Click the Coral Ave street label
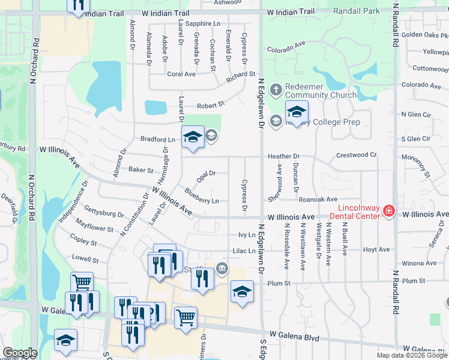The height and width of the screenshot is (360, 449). (181, 74)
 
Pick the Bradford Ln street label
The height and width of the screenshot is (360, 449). (157, 139)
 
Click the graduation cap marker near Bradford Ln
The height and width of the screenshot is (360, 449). (193, 137)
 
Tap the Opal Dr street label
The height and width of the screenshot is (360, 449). (206, 175)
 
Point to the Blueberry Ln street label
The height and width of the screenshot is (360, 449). (202, 196)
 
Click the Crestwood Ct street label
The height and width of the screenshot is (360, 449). (356, 155)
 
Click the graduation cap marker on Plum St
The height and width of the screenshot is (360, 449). (242, 292)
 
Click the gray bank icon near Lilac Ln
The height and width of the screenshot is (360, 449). (222, 268)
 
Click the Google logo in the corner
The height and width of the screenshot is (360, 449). (19, 353)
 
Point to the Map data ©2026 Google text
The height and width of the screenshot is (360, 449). (412, 355)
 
